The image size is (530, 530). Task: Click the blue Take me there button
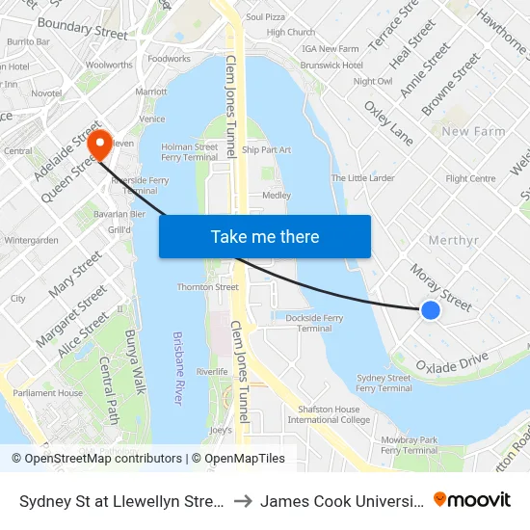(264, 237)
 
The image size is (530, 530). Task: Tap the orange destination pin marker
(99, 145)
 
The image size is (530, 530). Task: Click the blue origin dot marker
(431, 310)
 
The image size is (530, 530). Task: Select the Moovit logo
(472, 499)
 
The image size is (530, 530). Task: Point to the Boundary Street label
(82, 29)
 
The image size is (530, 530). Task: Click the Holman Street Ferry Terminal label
(189, 151)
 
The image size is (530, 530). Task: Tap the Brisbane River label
(178, 368)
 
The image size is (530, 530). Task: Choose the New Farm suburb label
(474, 131)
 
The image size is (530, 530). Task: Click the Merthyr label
(453, 240)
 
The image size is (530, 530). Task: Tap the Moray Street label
(440, 288)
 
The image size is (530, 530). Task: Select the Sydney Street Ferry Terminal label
(384, 383)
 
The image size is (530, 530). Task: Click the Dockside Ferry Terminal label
(314, 322)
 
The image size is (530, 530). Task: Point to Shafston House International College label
(329, 413)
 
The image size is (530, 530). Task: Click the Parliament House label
(47, 393)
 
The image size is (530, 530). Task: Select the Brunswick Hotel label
(332, 65)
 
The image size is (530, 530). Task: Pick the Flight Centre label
(470, 178)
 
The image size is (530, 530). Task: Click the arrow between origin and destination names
(244, 500)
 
